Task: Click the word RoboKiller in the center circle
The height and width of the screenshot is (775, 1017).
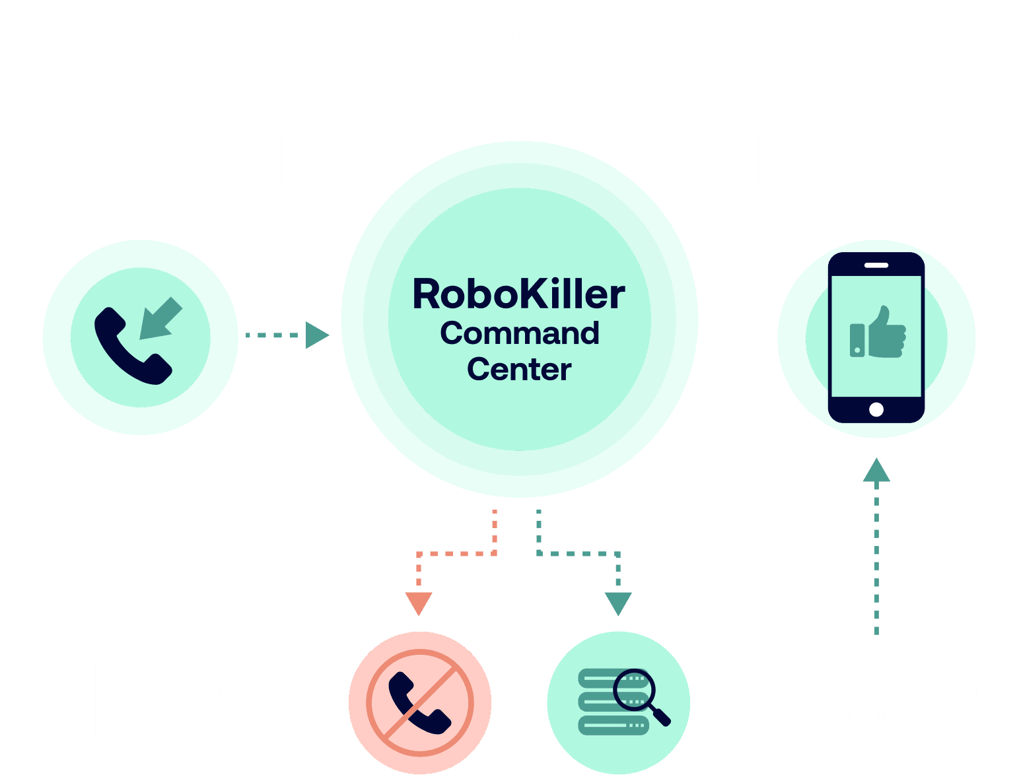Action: point(518,294)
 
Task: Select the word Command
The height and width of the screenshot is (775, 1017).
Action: point(520,333)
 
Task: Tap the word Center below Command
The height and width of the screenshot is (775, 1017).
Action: point(519,370)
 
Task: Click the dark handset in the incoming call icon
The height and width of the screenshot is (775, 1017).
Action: point(129,349)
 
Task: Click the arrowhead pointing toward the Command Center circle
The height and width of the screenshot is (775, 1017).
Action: point(317,335)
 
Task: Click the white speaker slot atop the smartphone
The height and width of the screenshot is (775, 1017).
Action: point(876,265)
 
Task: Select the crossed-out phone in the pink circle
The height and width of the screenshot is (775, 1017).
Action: point(420,702)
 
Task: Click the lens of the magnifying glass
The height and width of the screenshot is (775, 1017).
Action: point(633,689)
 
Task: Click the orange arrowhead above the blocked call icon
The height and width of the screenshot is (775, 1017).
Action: point(419,603)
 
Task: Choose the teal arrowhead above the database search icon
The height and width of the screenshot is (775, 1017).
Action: point(618,603)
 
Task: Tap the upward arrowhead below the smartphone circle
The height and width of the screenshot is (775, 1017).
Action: point(876,471)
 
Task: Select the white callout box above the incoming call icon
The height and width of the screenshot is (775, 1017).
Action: point(141,161)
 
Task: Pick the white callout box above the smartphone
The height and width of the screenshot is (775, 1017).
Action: point(876,160)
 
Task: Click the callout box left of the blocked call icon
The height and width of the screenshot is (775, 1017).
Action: point(202,702)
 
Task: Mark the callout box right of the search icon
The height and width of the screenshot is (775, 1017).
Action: point(877,702)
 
